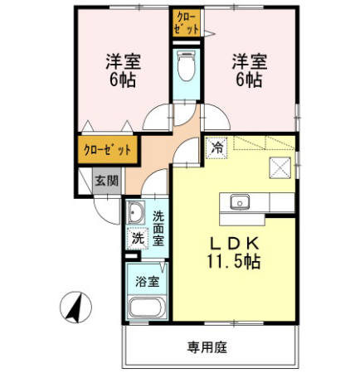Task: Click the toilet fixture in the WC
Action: [x=186, y=66]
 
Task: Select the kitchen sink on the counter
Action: [x=242, y=201]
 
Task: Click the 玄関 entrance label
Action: [x=105, y=180]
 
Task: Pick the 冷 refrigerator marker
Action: [x=216, y=149]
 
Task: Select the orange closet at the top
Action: [x=186, y=21]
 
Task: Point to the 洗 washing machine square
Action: [x=138, y=239]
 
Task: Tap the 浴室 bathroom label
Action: [x=148, y=279]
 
